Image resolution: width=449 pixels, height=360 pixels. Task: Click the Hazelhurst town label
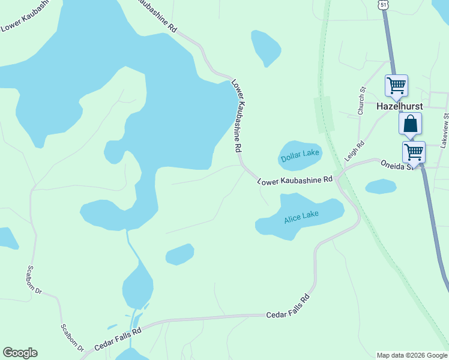pos(399,106)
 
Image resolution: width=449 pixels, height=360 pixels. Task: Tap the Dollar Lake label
pos(300,156)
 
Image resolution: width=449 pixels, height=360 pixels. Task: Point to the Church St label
pos(361,101)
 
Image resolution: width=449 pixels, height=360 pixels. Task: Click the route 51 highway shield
pos(383,4)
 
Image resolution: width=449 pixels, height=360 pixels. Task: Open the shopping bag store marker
pos(411,124)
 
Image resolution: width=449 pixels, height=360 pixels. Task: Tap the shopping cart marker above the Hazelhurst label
pos(396,85)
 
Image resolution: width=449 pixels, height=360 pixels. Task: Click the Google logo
pos(20,353)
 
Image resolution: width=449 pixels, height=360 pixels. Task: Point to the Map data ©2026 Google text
pos(412,355)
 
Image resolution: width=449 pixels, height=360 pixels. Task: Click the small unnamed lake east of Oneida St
pos(381,187)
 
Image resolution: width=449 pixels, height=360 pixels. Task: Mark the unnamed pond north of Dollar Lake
pos(266,47)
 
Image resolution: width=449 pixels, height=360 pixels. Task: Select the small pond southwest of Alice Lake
pos(179,254)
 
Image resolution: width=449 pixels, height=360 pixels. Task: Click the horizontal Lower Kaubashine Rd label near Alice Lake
pos(295,180)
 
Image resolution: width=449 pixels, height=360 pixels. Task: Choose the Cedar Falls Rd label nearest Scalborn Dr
pos(118,338)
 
